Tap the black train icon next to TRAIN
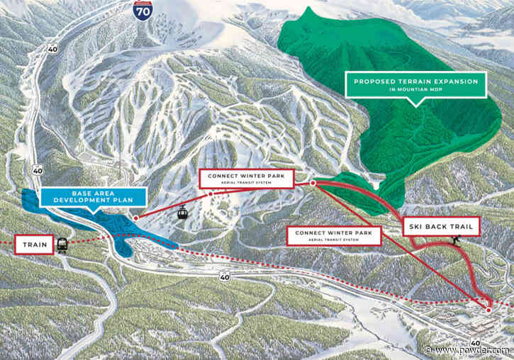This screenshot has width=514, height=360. click(x=62, y=246)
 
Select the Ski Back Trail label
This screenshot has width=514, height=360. click(x=442, y=227)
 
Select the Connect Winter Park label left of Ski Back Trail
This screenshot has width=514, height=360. click(x=332, y=234)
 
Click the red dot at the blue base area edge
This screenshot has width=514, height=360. click(x=135, y=218)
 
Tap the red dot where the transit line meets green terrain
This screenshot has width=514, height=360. click(x=313, y=183)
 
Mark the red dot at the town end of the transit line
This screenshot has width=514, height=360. click(x=488, y=310)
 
